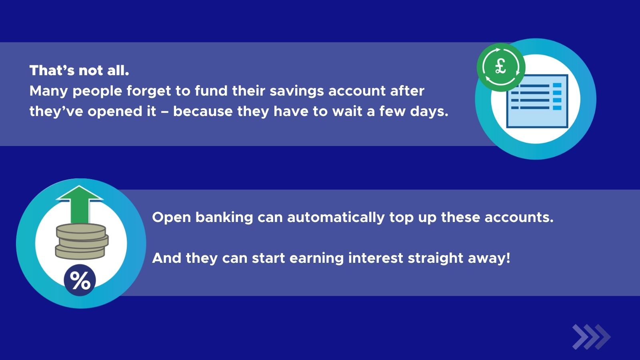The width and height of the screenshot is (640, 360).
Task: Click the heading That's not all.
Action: click(x=79, y=70)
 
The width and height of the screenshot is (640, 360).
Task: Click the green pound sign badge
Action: click(x=500, y=67)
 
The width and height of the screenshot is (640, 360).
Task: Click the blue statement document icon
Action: click(x=537, y=102)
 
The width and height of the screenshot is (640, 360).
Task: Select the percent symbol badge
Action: click(x=80, y=280)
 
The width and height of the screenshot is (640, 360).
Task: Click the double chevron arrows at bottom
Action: click(x=591, y=337)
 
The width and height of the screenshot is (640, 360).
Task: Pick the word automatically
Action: click(x=336, y=217)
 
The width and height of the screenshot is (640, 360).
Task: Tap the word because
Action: click(x=203, y=111)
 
